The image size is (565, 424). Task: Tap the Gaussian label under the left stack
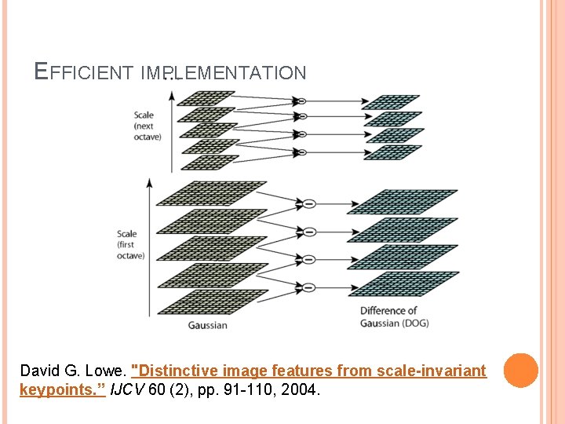click(x=208, y=325)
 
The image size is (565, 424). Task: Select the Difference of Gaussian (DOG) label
click(x=394, y=316)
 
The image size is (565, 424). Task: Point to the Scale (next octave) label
click(x=148, y=126)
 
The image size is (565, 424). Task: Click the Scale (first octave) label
click(x=131, y=244)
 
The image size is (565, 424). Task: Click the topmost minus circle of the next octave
click(x=300, y=101)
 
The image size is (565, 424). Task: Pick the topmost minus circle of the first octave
click(x=309, y=204)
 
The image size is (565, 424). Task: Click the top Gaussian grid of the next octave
click(x=206, y=97)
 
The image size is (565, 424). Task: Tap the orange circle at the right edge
click(x=520, y=371)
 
